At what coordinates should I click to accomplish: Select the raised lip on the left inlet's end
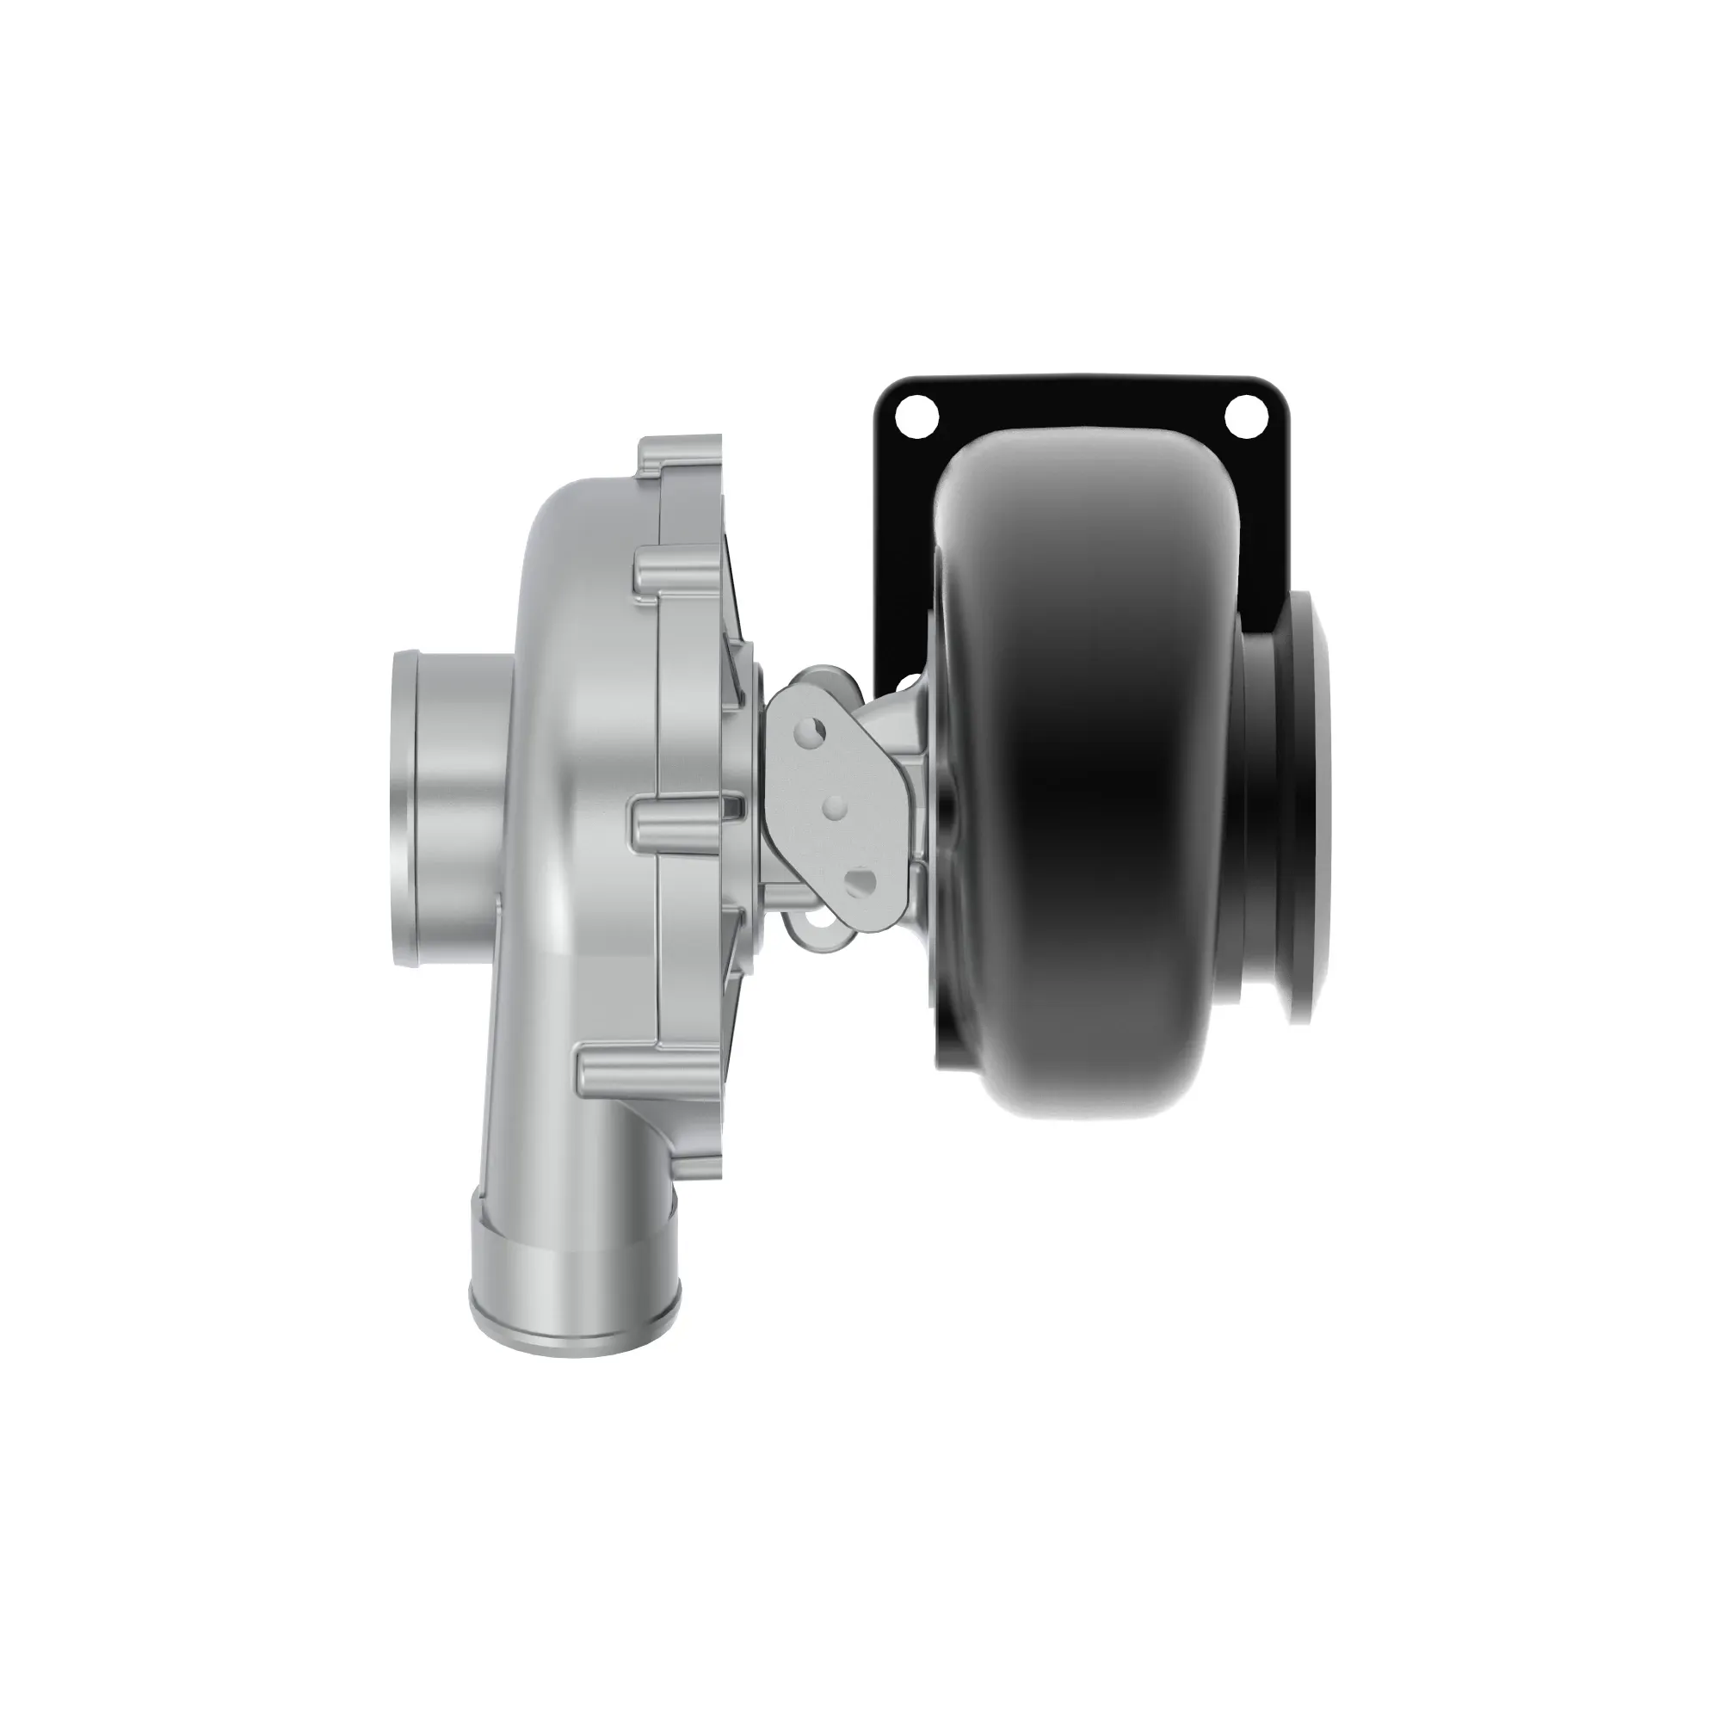403,807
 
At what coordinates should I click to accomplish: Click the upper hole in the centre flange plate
812,732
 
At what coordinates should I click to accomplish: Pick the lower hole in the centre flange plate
859,884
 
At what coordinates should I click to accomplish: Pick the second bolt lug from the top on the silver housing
677,579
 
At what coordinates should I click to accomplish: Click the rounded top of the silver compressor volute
579,508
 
